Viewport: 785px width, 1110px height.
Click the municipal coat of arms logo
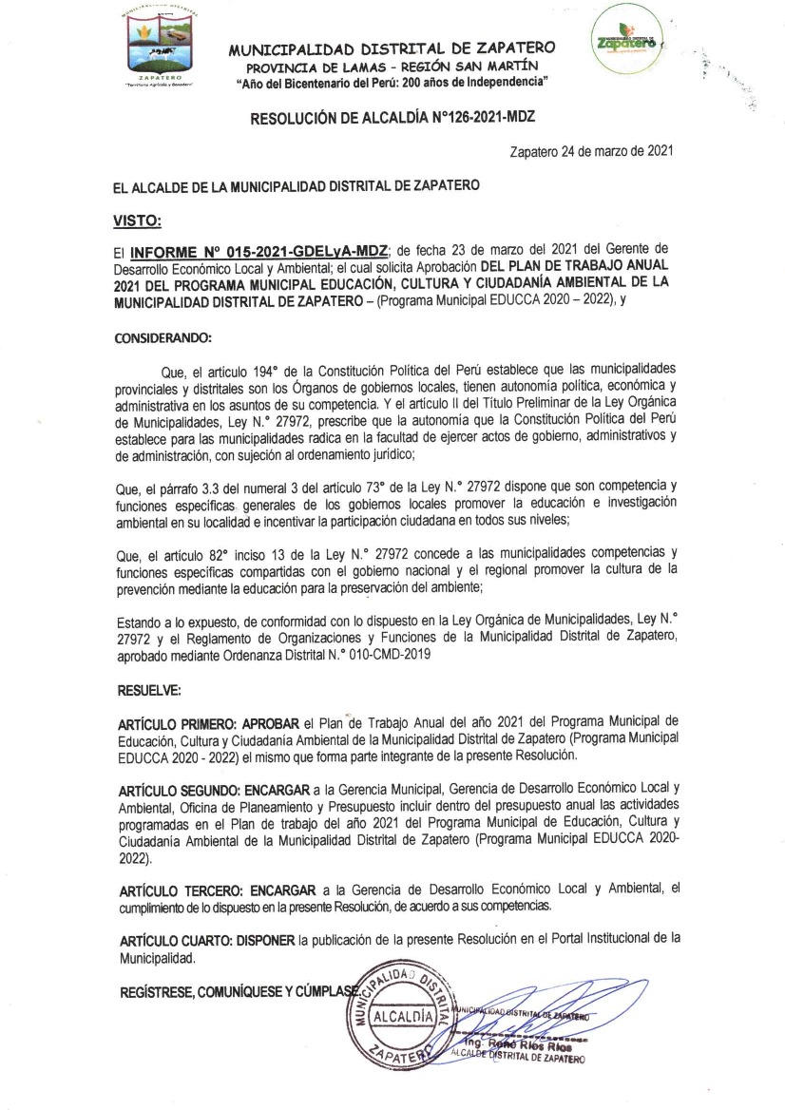click(159, 46)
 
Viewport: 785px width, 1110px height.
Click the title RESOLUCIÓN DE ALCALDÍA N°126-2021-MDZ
click(392, 120)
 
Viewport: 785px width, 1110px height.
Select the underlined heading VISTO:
click(138, 220)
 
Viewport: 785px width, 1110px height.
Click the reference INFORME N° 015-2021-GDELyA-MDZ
click(258, 252)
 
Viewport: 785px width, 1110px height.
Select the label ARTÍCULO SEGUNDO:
click(179, 790)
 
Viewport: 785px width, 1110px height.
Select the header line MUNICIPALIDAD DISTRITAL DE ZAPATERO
click(392, 49)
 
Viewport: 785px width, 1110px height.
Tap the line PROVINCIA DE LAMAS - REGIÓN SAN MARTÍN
click(392, 67)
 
